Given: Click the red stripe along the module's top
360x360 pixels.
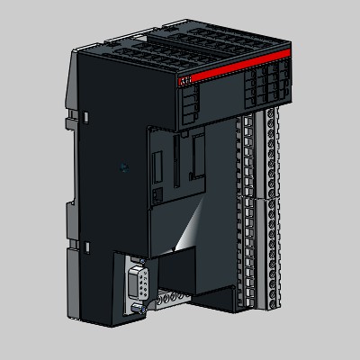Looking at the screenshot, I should (234, 67).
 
